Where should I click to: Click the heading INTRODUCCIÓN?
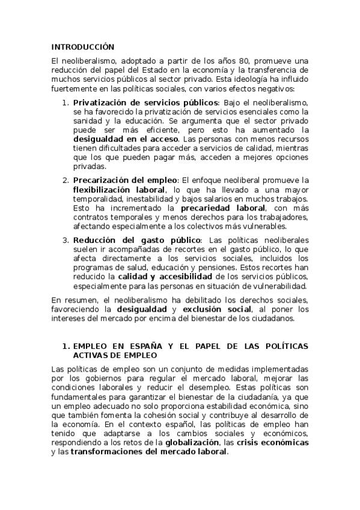[82, 47]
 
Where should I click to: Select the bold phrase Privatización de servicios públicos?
[146, 103]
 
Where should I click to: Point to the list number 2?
[66, 180]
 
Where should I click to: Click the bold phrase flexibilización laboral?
[120, 189]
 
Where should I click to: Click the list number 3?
[66, 240]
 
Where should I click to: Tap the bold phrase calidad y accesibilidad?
[164, 276]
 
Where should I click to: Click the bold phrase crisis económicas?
[273, 443]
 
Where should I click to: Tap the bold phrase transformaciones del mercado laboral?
[148, 452]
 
